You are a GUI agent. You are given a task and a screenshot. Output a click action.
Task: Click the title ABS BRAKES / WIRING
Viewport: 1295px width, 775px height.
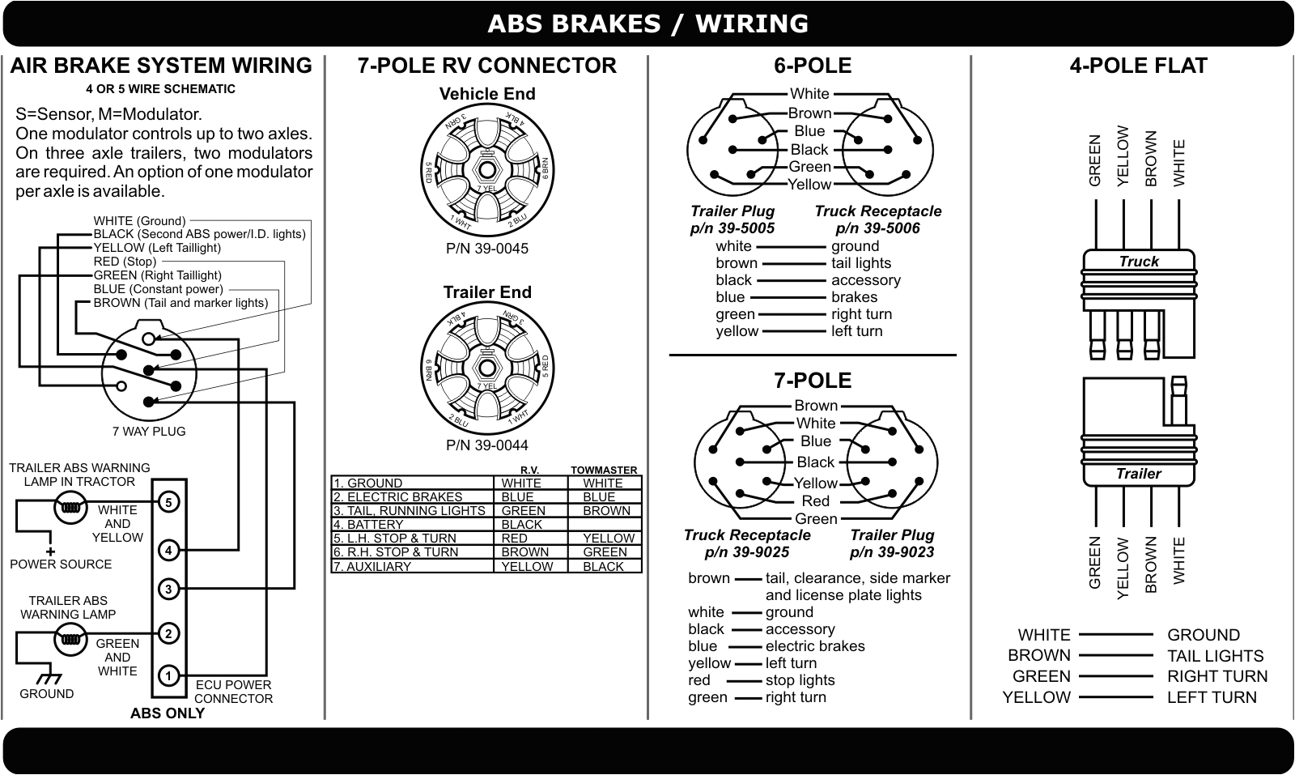tap(647, 23)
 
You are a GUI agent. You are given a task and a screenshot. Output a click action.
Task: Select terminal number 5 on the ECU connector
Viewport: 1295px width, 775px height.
tap(168, 502)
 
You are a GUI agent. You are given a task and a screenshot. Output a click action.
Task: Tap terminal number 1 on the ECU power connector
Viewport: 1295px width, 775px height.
tap(168, 675)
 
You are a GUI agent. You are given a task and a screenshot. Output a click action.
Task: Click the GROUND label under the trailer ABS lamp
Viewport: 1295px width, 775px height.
tap(46, 694)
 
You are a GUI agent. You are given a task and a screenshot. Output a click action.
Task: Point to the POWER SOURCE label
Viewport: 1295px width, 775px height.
tap(61, 564)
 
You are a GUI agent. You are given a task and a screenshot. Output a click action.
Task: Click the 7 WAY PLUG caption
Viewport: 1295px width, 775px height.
tap(149, 432)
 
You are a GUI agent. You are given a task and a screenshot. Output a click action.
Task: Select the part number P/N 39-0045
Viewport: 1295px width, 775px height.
tap(487, 249)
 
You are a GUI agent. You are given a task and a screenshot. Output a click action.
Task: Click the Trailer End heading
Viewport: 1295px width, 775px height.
tap(487, 292)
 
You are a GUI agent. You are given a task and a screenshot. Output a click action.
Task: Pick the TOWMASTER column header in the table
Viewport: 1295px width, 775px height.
tap(604, 471)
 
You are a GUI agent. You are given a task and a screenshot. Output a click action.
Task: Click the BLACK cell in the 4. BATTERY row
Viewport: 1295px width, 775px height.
tap(522, 525)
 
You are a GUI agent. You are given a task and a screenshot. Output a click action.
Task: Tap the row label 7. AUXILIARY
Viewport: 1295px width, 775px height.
tap(372, 567)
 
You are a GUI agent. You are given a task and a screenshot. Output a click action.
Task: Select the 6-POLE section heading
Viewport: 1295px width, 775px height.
tap(813, 66)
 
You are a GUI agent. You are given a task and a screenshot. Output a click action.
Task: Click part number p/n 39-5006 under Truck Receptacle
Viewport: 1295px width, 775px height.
tap(878, 228)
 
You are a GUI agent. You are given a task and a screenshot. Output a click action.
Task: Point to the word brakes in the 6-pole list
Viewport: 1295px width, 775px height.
tap(854, 297)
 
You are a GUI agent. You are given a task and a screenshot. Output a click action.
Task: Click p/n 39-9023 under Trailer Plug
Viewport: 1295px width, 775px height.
tap(892, 552)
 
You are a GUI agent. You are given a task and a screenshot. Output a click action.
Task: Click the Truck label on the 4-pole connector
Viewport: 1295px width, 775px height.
tap(1139, 262)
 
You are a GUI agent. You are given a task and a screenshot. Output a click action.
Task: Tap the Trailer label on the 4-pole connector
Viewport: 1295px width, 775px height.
tap(1139, 474)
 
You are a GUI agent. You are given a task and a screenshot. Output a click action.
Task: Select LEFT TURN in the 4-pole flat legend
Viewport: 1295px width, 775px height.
tap(1212, 697)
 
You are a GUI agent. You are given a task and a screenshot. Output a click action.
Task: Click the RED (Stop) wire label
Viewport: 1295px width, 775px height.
tap(125, 262)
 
